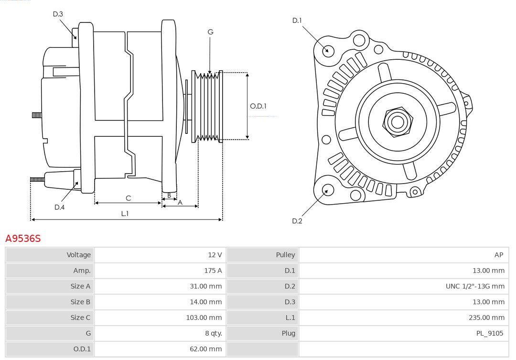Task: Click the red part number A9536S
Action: click(x=23, y=238)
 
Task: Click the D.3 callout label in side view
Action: click(x=58, y=14)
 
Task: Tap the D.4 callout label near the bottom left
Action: click(x=59, y=207)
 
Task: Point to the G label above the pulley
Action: click(x=210, y=32)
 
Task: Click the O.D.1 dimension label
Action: click(x=258, y=106)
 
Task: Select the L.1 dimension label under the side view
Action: click(x=125, y=214)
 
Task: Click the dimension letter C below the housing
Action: click(x=128, y=198)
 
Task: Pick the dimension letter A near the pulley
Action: click(x=180, y=202)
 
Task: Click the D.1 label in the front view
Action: click(x=297, y=21)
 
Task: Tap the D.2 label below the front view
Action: click(x=297, y=221)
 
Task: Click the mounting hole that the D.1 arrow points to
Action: click(x=328, y=50)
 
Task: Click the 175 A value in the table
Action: click(x=213, y=271)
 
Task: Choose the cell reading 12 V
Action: click(x=215, y=255)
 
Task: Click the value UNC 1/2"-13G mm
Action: click(x=475, y=286)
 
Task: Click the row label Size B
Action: click(x=80, y=302)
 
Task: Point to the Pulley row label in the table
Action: click(x=285, y=255)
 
